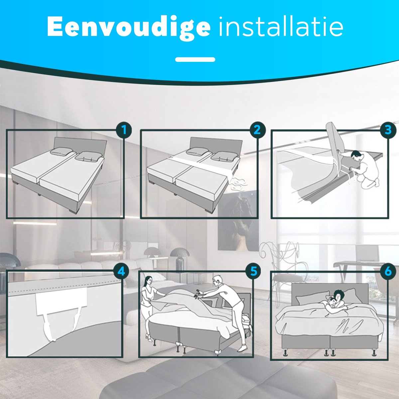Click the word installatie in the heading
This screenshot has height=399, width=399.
[281, 27]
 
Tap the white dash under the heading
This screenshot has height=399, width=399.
[195, 60]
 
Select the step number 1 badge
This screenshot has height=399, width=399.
[124, 130]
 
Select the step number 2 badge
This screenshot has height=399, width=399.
[257, 130]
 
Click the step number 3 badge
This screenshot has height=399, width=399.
[388, 130]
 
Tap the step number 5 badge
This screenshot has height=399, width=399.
[254, 271]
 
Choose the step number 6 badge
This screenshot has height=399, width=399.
[388, 271]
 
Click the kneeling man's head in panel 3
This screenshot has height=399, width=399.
[356, 155]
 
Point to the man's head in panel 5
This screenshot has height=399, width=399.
[217, 281]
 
